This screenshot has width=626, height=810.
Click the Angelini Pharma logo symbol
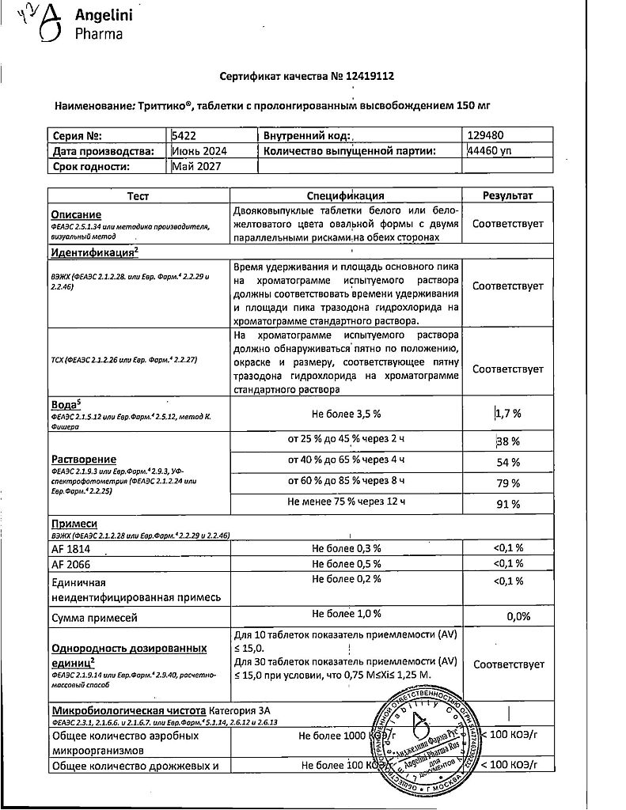pos(50,24)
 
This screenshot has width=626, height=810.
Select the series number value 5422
pos(184,136)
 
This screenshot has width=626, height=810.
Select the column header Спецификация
pos(345,195)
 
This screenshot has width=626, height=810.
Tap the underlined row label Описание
pos(76,214)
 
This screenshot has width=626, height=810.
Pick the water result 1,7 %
pos(508,413)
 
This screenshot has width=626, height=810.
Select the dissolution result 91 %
pos(508,504)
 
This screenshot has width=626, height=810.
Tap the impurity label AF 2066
pos(72,563)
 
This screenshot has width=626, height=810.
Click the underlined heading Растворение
pos(83,460)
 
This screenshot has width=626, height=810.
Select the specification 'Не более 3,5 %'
pos(346,412)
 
